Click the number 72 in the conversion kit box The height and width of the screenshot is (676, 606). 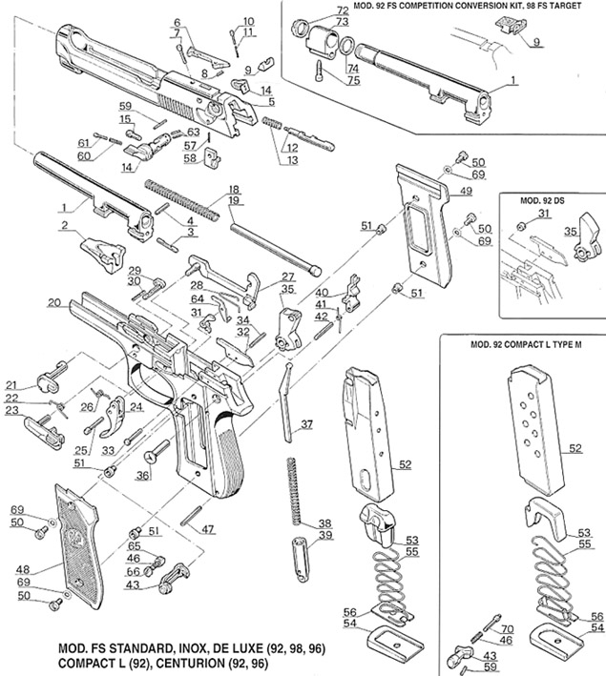coord(343,10)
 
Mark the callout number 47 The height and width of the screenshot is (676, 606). coord(208,527)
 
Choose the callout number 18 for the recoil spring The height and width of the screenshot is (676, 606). coord(234,189)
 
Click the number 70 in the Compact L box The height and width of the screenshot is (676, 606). coord(506,630)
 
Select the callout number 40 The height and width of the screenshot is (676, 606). coord(323,292)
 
